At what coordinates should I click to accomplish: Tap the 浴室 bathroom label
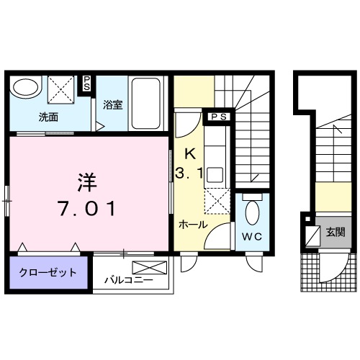112,104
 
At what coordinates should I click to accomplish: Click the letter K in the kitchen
190,153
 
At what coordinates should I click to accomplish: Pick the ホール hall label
194,225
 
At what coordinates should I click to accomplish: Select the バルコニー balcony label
127,279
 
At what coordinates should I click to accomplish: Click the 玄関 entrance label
335,231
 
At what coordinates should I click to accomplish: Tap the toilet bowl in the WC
251,212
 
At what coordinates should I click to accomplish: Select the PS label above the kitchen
219,115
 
